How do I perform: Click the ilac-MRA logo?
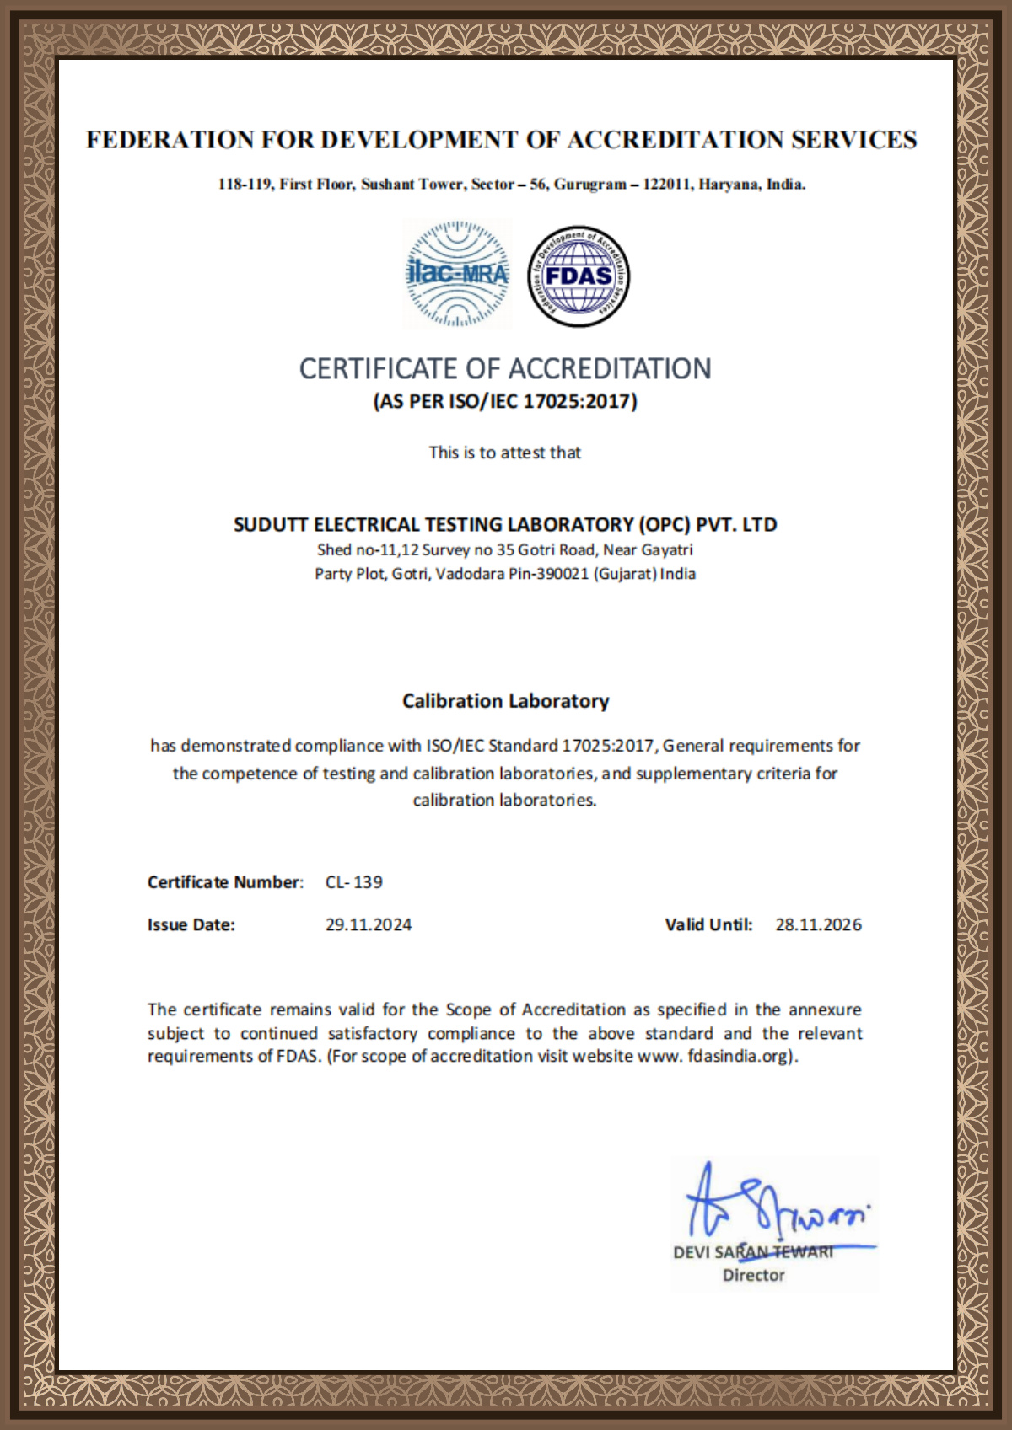(x=457, y=274)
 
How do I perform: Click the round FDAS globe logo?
(x=579, y=276)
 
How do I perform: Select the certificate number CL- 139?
(x=354, y=882)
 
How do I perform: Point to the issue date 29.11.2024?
(x=369, y=924)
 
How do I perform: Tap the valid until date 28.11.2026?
(x=818, y=924)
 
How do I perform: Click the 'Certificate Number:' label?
(x=225, y=882)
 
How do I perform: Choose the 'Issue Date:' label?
(x=191, y=924)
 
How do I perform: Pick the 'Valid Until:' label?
(x=708, y=924)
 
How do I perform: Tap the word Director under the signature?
(x=753, y=1276)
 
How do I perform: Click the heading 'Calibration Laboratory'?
(x=505, y=701)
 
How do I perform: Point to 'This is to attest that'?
(x=504, y=453)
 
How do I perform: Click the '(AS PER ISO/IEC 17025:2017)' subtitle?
(x=505, y=401)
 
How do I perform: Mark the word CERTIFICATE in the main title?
(x=377, y=369)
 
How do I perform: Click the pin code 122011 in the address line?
(x=667, y=185)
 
